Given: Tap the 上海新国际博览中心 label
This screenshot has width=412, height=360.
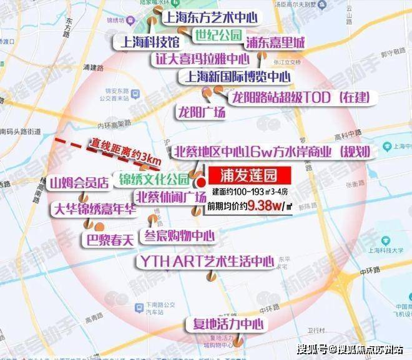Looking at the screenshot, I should point(235,77).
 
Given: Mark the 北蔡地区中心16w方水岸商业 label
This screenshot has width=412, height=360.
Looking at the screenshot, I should point(271,152).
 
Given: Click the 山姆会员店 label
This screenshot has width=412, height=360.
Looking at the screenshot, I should point(81,182).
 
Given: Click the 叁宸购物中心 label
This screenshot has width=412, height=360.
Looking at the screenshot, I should point(179,236).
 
